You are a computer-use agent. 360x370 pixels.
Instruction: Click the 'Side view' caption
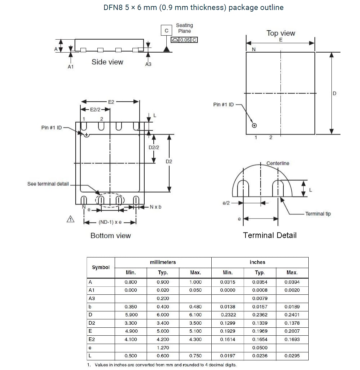point(107,62)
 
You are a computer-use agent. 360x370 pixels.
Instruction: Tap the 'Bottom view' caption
point(111,236)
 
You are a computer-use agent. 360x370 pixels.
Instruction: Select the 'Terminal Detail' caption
point(270,235)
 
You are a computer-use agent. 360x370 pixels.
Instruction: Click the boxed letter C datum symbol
point(166,31)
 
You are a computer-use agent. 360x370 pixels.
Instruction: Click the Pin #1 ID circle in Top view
point(254,126)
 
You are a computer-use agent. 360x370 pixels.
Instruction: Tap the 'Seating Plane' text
point(184,28)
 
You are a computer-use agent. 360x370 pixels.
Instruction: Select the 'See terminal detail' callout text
point(48,184)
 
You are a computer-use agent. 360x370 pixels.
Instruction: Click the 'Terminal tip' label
point(318,214)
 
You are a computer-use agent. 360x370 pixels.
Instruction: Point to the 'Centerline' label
point(278,163)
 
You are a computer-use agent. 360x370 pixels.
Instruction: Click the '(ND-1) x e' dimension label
point(110,222)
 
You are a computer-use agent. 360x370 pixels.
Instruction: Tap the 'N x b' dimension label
point(156,207)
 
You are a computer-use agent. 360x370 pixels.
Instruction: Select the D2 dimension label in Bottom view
point(169,162)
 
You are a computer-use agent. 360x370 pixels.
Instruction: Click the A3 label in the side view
point(148,64)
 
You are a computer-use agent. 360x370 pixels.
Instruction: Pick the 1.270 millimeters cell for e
point(163,348)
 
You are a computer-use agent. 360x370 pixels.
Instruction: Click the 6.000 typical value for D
point(163,315)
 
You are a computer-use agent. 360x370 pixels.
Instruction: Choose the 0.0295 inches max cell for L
point(292,356)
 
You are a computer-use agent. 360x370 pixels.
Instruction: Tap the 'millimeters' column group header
point(163,262)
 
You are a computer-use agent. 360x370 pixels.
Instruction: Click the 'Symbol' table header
point(101,267)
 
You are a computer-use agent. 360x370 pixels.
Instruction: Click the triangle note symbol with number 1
point(70,219)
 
